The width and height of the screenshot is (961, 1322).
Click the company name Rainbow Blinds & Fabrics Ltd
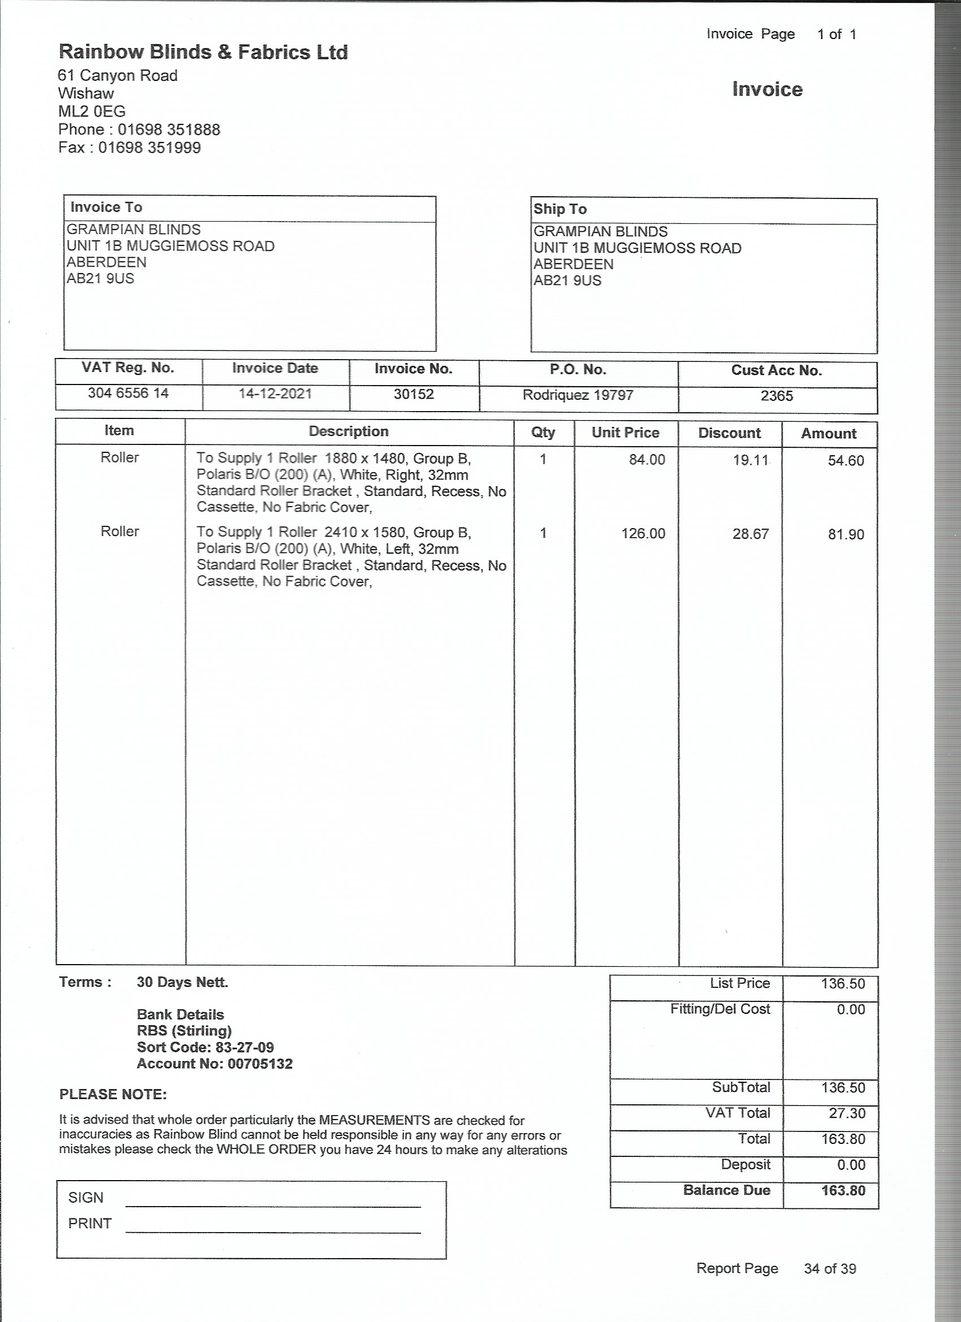pyautogui.click(x=203, y=53)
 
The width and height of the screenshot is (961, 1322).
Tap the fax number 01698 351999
pyautogui.click(x=149, y=148)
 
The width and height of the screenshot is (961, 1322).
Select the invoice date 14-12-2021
pyautogui.click(x=275, y=394)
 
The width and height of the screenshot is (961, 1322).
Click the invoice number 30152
pyautogui.click(x=414, y=394)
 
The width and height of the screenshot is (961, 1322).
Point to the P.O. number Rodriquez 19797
pyautogui.click(x=578, y=395)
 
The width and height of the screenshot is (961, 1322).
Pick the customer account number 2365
pyautogui.click(x=777, y=396)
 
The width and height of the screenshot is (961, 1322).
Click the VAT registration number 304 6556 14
pyautogui.click(x=128, y=393)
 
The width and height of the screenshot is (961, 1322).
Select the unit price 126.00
pyautogui.click(x=643, y=534)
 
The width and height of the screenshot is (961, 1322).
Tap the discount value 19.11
pyautogui.click(x=751, y=460)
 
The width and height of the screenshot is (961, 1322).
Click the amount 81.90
pyautogui.click(x=846, y=534)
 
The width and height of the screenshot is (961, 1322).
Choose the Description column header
pyautogui.click(x=348, y=431)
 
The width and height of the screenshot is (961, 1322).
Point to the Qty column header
pyautogui.click(x=543, y=433)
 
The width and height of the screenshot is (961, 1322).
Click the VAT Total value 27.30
pyautogui.click(x=847, y=1113)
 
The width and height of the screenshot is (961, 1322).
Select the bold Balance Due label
pyautogui.click(x=726, y=1190)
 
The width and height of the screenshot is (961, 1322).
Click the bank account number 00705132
pyautogui.click(x=260, y=1063)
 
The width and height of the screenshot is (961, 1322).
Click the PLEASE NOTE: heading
pyautogui.click(x=113, y=1094)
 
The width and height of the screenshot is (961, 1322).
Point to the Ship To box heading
pyautogui.click(x=560, y=209)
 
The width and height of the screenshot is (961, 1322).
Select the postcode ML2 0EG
pyautogui.click(x=92, y=111)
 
